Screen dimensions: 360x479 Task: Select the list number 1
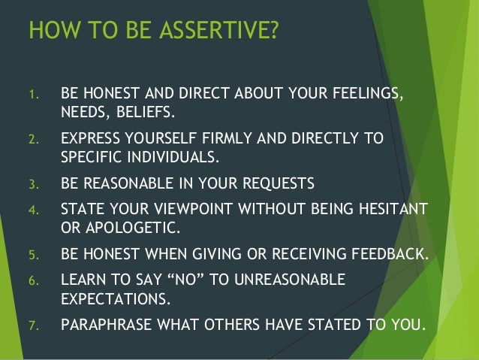tap(32, 96)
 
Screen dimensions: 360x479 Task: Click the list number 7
tap(32, 326)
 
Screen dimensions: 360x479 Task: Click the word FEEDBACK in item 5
tap(391, 253)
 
